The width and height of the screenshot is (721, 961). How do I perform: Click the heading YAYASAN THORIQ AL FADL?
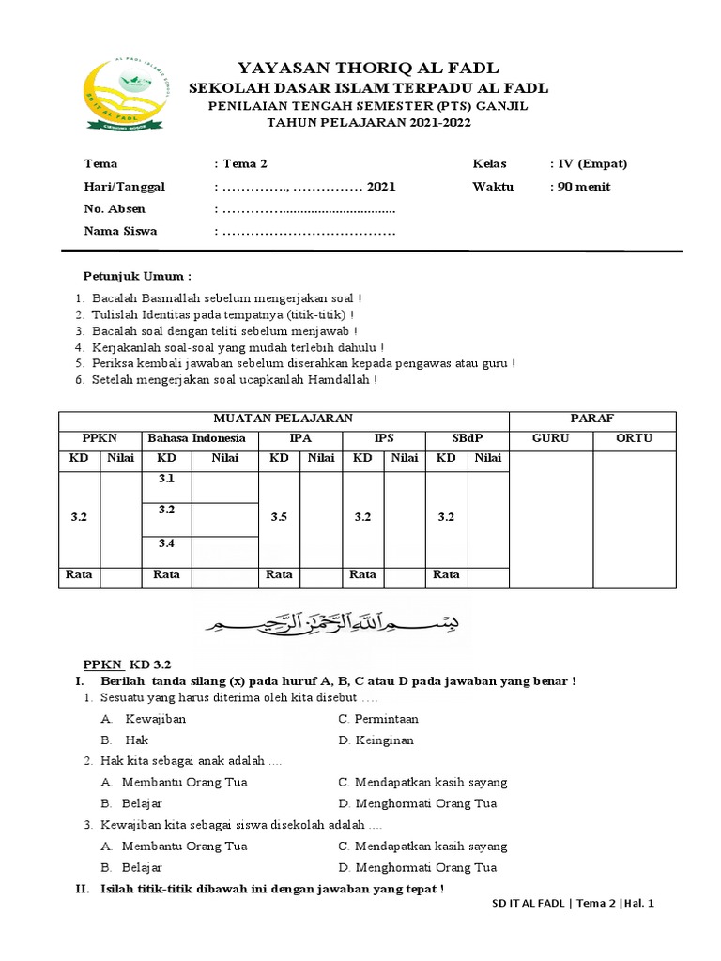tap(368, 68)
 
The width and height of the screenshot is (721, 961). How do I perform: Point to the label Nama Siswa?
tap(120, 231)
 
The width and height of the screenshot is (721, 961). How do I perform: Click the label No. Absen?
tap(115, 208)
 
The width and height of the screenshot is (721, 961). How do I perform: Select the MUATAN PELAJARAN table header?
tap(284, 419)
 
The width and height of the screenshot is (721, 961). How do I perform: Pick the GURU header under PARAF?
tap(550, 438)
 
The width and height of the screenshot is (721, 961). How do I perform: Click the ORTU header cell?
tap(634, 438)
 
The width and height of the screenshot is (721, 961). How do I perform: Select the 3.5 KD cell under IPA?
tap(279, 517)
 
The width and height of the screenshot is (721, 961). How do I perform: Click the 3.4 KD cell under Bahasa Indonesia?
tap(167, 543)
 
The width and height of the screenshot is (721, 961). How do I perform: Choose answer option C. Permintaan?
tap(378, 719)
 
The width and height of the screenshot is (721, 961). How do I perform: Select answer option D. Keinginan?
tap(376, 740)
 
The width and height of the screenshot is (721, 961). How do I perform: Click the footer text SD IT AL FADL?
tap(529, 905)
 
